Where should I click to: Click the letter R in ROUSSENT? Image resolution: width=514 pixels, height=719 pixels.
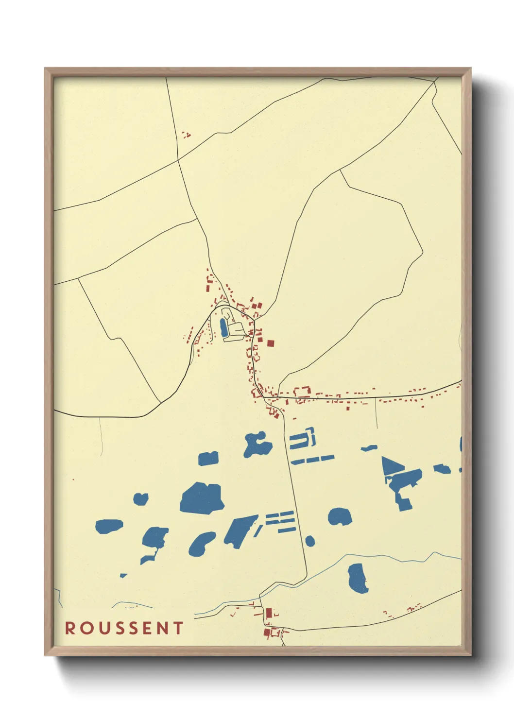point(70,628)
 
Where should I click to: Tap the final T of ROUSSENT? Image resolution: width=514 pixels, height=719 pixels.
point(178,628)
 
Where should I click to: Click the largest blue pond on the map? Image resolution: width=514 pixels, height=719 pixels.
point(202,498)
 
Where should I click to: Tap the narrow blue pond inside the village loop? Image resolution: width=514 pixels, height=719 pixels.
point(223,328)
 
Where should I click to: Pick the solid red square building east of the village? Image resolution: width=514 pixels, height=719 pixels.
point(271,343)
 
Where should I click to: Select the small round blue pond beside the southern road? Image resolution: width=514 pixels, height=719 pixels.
point(310,541)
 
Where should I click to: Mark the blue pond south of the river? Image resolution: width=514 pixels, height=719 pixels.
point(358,578)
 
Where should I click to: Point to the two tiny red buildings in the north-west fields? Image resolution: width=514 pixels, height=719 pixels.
point(186,135)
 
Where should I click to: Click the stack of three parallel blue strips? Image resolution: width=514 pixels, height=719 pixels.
point(280,521)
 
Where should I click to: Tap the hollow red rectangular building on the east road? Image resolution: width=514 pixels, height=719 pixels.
point(302,393)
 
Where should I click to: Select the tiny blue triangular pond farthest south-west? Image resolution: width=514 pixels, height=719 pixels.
point(123,576)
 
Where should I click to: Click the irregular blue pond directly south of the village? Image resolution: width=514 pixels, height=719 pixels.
point(257,444)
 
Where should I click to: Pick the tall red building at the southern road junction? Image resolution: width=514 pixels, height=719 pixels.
point(269,613)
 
